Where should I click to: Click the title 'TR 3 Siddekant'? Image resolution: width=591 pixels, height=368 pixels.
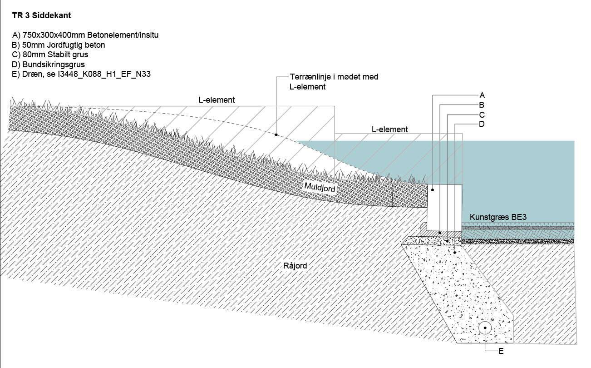41,15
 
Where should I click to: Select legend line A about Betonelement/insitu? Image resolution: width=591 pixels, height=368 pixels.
85,35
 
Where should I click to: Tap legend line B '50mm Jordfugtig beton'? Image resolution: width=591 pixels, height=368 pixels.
58,45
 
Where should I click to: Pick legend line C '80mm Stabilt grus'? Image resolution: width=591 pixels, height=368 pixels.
50,55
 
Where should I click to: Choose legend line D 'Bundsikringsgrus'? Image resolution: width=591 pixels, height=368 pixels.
48,65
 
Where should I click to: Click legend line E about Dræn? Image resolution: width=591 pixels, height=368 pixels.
81,74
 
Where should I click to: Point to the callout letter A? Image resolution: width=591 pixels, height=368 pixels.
482,95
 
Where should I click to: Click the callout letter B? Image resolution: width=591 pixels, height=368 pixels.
482,105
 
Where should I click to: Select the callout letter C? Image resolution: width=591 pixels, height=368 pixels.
482,115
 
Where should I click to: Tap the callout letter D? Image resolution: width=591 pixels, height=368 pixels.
482,124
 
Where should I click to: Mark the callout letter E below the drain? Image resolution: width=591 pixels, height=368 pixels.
501,351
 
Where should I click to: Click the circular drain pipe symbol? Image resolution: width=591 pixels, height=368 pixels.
485,328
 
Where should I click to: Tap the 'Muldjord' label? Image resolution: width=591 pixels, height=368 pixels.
320,188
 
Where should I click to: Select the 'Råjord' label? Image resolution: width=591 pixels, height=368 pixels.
295,265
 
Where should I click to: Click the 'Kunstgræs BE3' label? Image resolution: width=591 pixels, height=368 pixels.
498,217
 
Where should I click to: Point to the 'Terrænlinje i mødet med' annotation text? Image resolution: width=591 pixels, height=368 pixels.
334,77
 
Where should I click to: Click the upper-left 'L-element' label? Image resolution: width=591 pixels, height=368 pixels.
217,100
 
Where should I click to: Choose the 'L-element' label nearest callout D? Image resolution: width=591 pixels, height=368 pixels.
390,129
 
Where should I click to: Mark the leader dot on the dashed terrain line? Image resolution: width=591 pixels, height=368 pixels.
276,134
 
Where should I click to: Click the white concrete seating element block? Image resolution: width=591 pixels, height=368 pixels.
444,208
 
